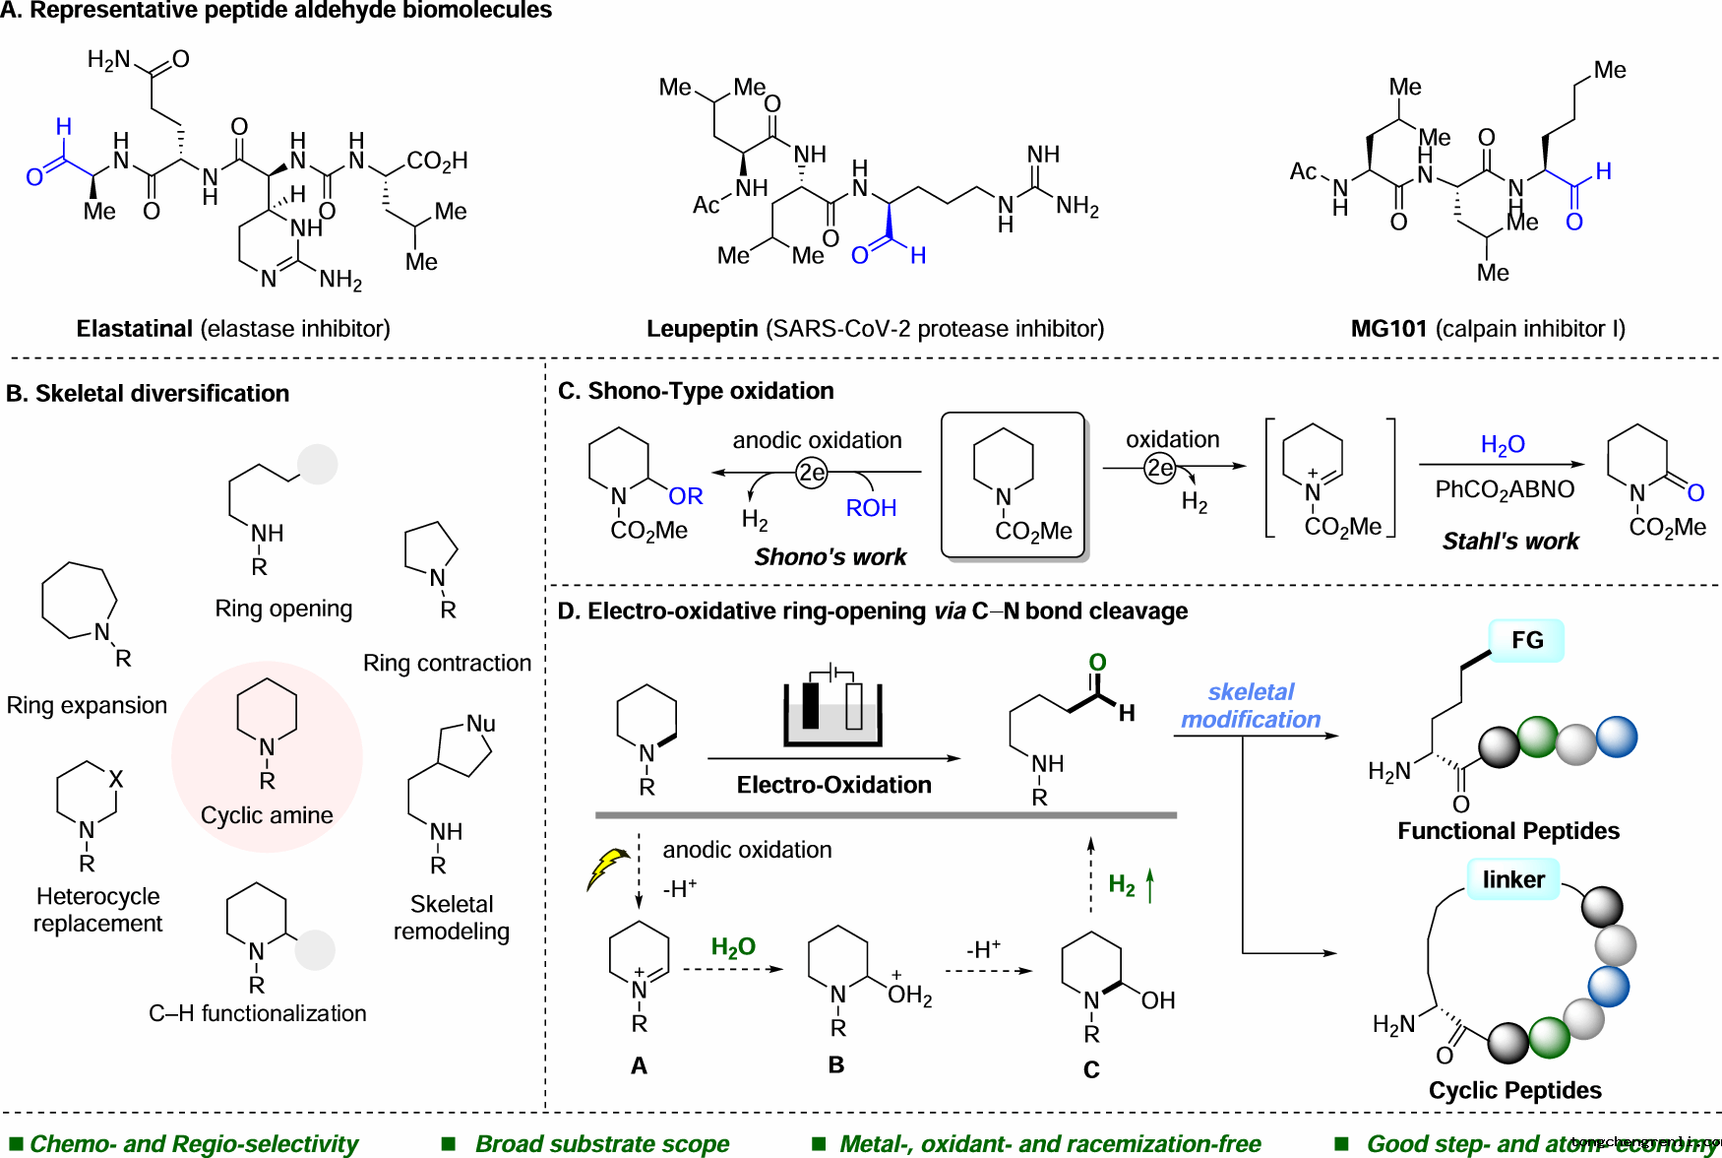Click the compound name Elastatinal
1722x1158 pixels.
[x=135, y=329]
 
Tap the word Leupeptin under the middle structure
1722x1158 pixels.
[x=702, y=329]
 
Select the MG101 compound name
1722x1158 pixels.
[x=1388, y=329]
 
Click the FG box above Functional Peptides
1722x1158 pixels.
[x=1526, y=640]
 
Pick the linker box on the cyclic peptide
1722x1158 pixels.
[x=1513, y=879]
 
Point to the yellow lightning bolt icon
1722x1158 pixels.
[x=607, y=868]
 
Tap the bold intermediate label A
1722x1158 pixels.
[x=639, y=1065]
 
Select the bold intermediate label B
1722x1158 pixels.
[x=836, y=1065]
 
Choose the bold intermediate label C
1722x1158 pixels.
[x=1091, y=1069]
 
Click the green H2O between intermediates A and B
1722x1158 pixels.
[x=733, y=947]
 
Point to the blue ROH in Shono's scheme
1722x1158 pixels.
[x=871, y=508]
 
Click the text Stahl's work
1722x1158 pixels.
[x=1510, y=542]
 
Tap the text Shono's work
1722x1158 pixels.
[x=830, y=557]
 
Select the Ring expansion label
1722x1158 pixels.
[x=87, y=706]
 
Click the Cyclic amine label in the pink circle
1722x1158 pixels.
[x=267, y=815]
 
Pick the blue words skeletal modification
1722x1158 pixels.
[x=1251, y=706]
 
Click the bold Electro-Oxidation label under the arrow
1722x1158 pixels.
[x=833, y=785]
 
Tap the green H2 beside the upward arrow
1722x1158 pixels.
[x=1122, y=884]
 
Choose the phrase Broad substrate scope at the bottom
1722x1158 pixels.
[x=602, y=1143]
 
